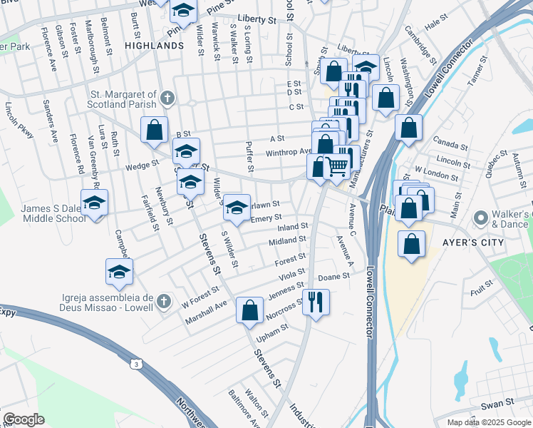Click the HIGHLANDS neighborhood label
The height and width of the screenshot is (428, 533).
154,45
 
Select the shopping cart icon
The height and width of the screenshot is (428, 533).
336,167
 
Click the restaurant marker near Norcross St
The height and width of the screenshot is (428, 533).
315,300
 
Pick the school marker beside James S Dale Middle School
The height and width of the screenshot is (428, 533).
94,203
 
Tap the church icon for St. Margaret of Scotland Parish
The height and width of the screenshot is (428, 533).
167,97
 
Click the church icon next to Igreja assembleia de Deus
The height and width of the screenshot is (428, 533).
164,301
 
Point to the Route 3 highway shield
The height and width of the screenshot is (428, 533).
135,365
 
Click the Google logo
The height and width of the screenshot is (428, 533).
24,419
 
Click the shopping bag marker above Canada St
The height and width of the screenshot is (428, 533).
408,128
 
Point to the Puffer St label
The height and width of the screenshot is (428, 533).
250,158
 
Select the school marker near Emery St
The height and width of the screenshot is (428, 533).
237,208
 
